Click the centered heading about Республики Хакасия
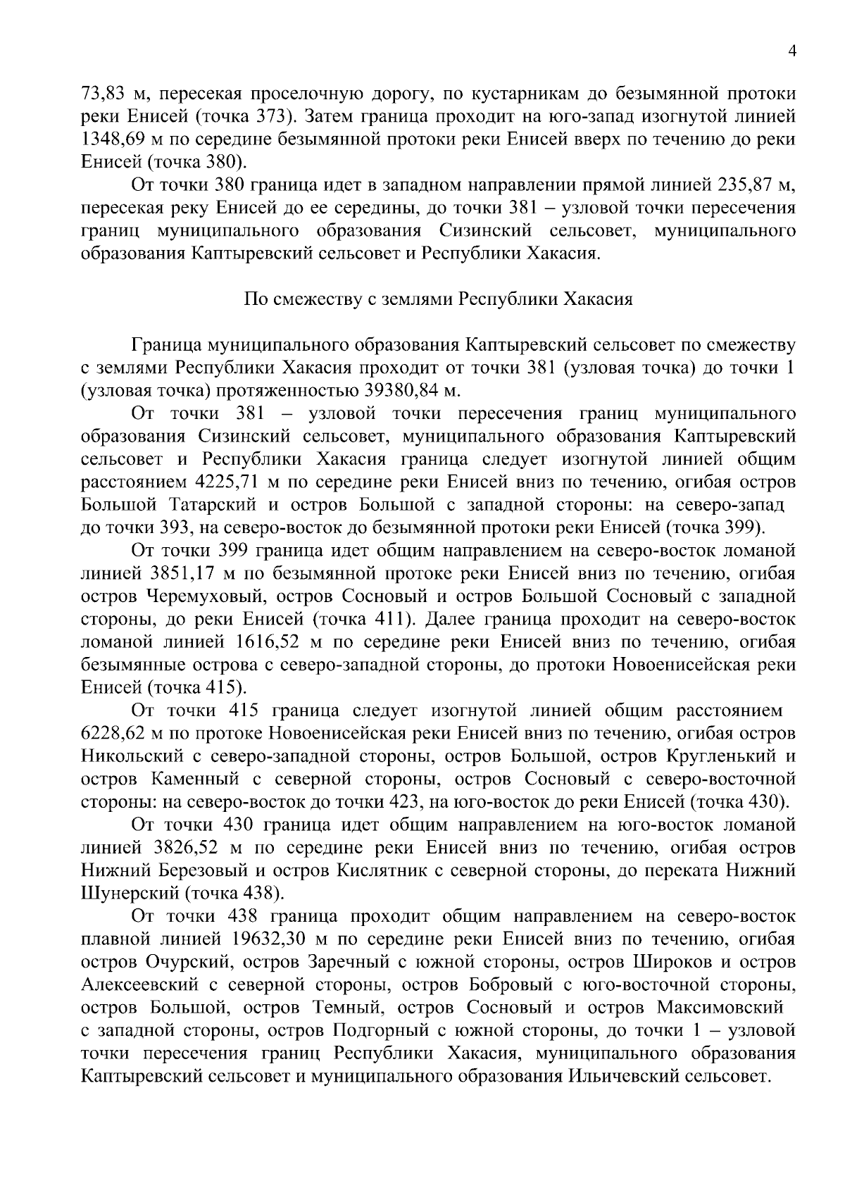click(438, 299)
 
